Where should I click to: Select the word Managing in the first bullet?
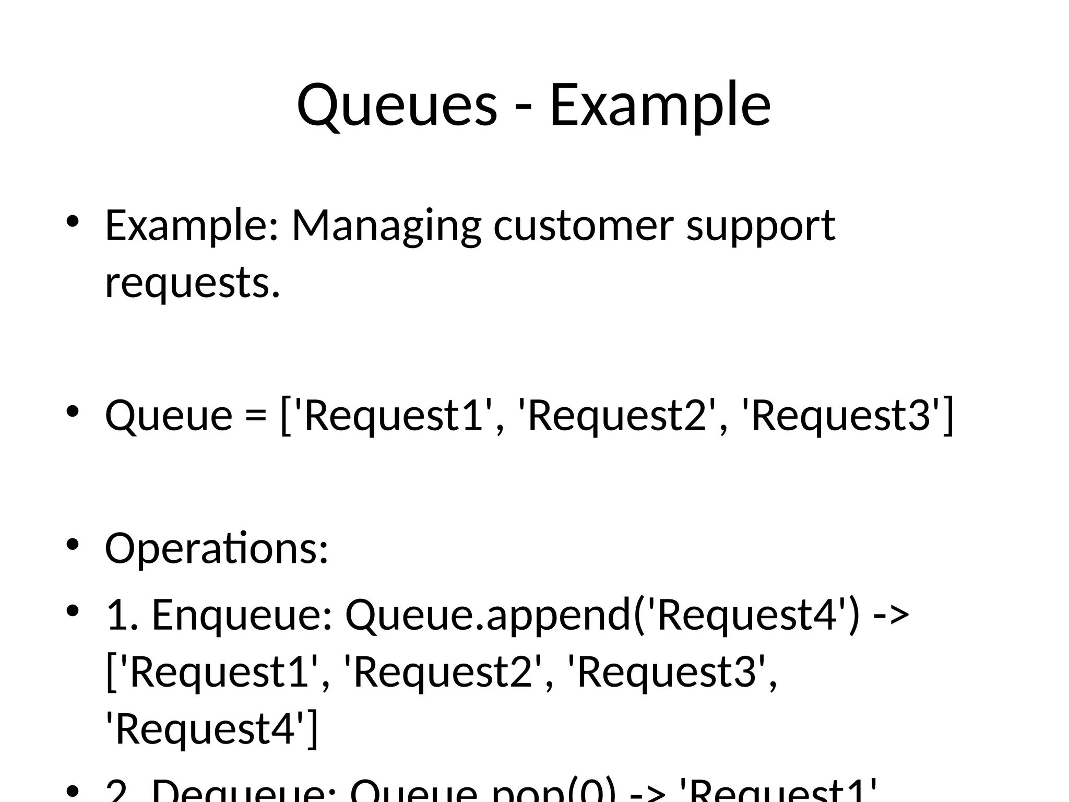point(386,226)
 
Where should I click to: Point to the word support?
point(761,226)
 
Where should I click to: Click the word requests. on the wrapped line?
point(193,282)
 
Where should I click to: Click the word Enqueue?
point(242,615)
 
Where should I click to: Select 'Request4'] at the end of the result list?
point(211,728)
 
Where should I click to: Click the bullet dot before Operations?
point(72,544)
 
